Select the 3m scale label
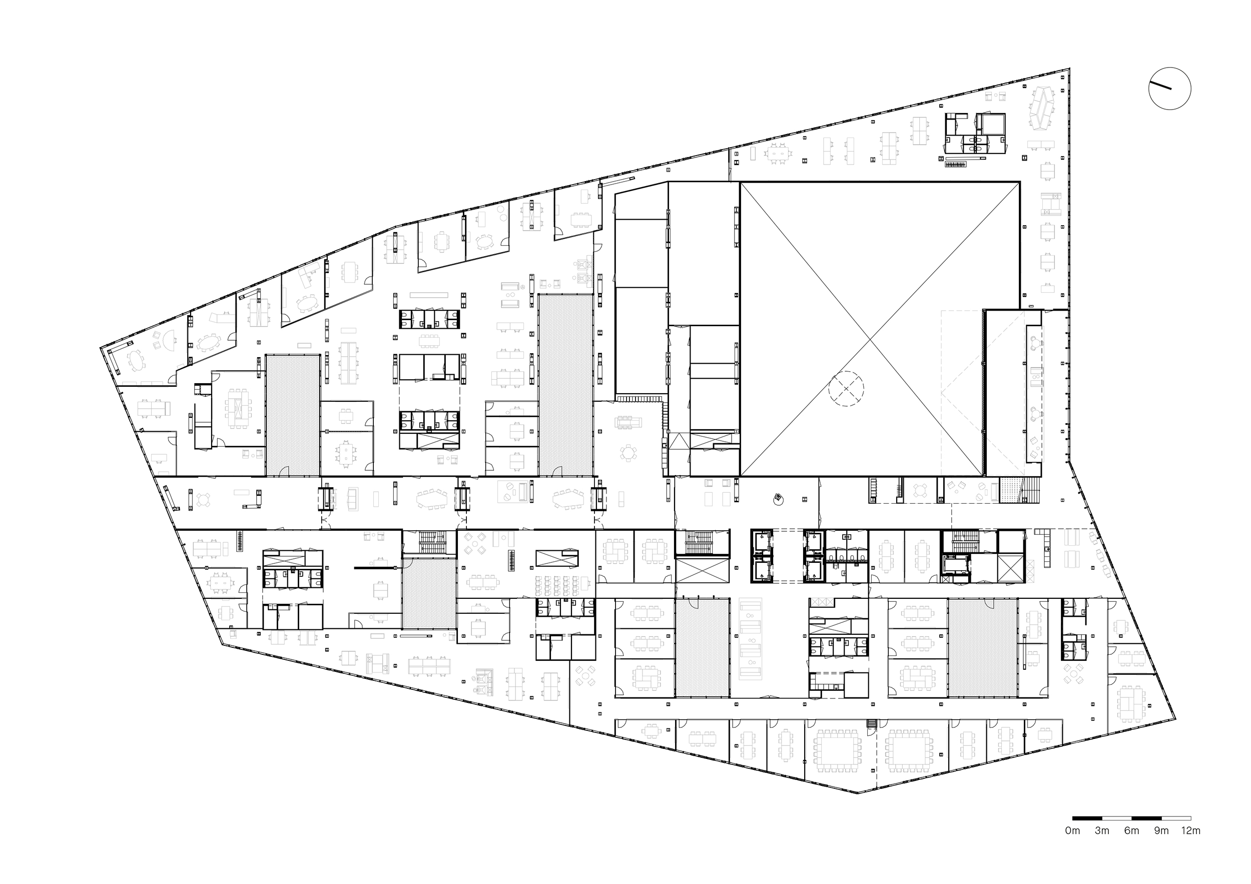click(x=1102, y=846)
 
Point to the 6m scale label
click(x=1132, y=846)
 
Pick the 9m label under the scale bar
click(x=1161, y=846)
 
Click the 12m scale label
click(x=1190, y=846)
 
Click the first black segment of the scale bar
click(x=1087, y=834)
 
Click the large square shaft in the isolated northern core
click(x=989, y=124)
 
